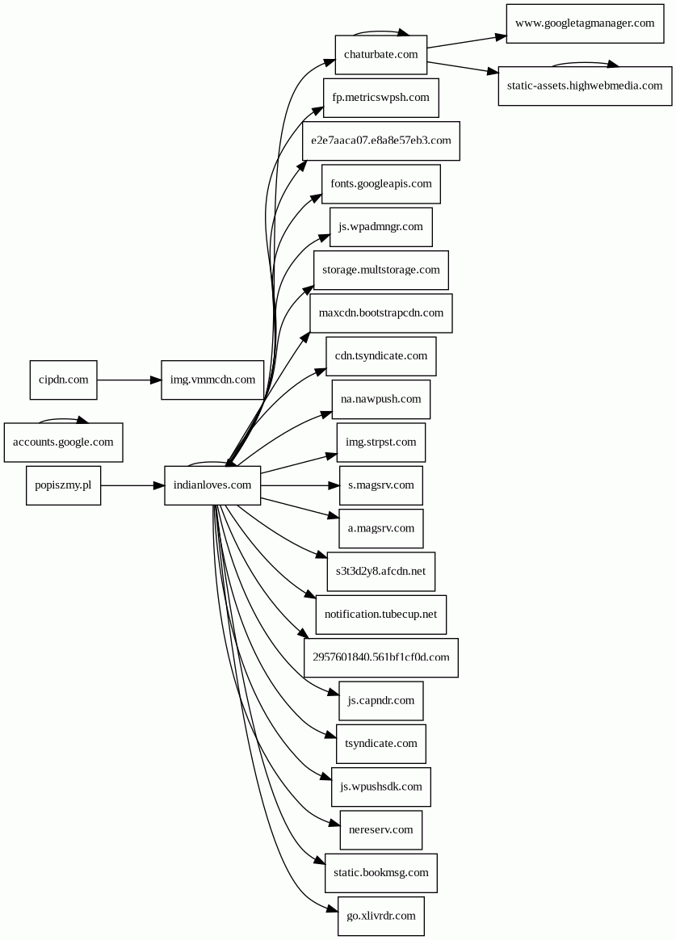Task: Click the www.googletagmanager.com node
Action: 585,23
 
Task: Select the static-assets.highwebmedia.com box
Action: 585,86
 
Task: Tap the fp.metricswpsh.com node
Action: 380,98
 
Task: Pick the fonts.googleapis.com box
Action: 380,183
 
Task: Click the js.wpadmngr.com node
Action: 380,227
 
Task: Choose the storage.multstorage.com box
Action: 380,270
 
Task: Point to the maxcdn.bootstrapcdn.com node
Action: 380,313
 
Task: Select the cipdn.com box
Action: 63,380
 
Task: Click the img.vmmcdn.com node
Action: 212,380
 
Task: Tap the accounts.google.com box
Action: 63,443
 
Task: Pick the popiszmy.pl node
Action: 63,485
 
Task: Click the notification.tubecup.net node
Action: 380,615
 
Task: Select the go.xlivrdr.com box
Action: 380,916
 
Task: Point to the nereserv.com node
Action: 380,830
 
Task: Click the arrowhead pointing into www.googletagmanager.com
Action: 499,36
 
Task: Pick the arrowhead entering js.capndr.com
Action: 332,692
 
